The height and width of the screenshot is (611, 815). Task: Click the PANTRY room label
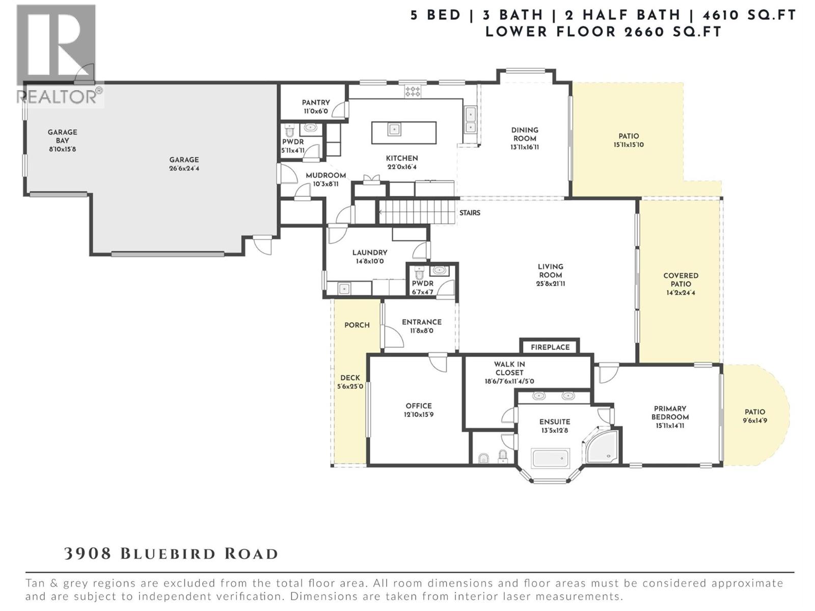pyautogui.click(x=316, y=102)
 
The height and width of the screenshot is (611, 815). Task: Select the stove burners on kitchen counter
pyautogui.click(x=413, y=92)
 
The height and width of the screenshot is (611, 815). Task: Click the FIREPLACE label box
pyautogui.click(x=550, y=347)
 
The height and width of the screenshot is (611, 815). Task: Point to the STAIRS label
pyautogui.click(x=470, y=213)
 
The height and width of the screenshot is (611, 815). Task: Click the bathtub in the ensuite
pyautogui.click(x=550, y=458)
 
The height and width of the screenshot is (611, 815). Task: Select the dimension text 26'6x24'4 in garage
pyautogui.click(x=184, y=168)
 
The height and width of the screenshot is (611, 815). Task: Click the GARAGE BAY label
pyautogui.click(x=62, y=136)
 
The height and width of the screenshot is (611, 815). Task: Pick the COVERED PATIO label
pyautogui.click(x=681, y=280)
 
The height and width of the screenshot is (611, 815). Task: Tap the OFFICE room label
pyautogui.click(x=419, y=406)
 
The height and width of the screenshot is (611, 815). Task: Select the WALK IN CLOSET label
pyautogui.click(x=509, y=368)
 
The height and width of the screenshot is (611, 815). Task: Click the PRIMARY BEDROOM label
pyautogui.click(x=670, y=412)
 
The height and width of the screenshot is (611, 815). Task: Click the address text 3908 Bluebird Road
pyautogui.click(x=171, y=553)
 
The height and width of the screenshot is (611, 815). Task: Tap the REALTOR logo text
pyautogui.click(x=59, y=96)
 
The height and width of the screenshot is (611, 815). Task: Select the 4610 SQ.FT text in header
pyautogui.click(x=749, y=15)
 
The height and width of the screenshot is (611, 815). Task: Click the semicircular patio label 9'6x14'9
pyautogui.click(x=755, y=421)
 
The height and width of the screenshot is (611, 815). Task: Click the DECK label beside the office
pyautogui.click(x=350, y=378)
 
